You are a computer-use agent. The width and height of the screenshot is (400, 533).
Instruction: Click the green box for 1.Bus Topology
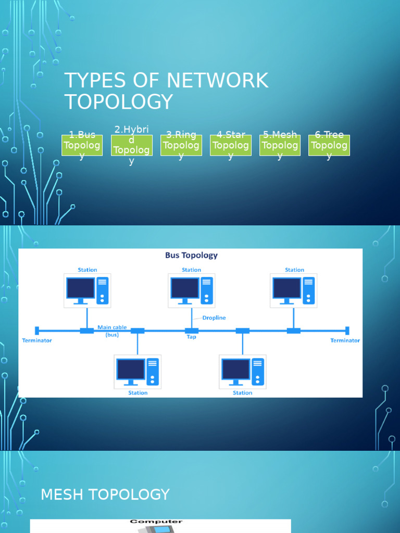(82, 145)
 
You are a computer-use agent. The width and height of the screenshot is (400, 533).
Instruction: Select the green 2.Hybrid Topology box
(131, 145)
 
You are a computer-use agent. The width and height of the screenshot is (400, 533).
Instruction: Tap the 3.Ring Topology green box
(181, 145)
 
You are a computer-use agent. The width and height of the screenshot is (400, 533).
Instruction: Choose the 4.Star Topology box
(230, 145)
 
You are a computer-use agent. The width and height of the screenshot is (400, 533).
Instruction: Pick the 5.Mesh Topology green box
(280, 145)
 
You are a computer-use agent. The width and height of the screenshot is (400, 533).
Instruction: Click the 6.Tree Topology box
(329, 145)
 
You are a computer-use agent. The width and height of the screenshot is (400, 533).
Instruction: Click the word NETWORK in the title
(218, 81)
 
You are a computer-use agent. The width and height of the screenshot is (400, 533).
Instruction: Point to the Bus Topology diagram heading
(191, 256)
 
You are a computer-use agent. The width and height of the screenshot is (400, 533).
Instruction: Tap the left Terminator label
(37, 340)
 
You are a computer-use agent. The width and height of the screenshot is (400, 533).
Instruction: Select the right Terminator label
(345, 340)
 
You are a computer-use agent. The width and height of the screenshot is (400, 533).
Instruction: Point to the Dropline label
(214, 318)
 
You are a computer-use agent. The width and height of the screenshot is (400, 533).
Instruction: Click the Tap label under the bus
(191, 337)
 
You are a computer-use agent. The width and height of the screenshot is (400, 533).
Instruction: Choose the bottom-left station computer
(137, 372)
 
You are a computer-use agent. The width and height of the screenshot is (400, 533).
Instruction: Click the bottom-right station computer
(242, 372)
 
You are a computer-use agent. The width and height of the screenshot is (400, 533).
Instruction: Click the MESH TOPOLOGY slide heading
(105, 494)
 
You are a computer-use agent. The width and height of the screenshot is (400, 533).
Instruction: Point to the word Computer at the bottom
(156, 522)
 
